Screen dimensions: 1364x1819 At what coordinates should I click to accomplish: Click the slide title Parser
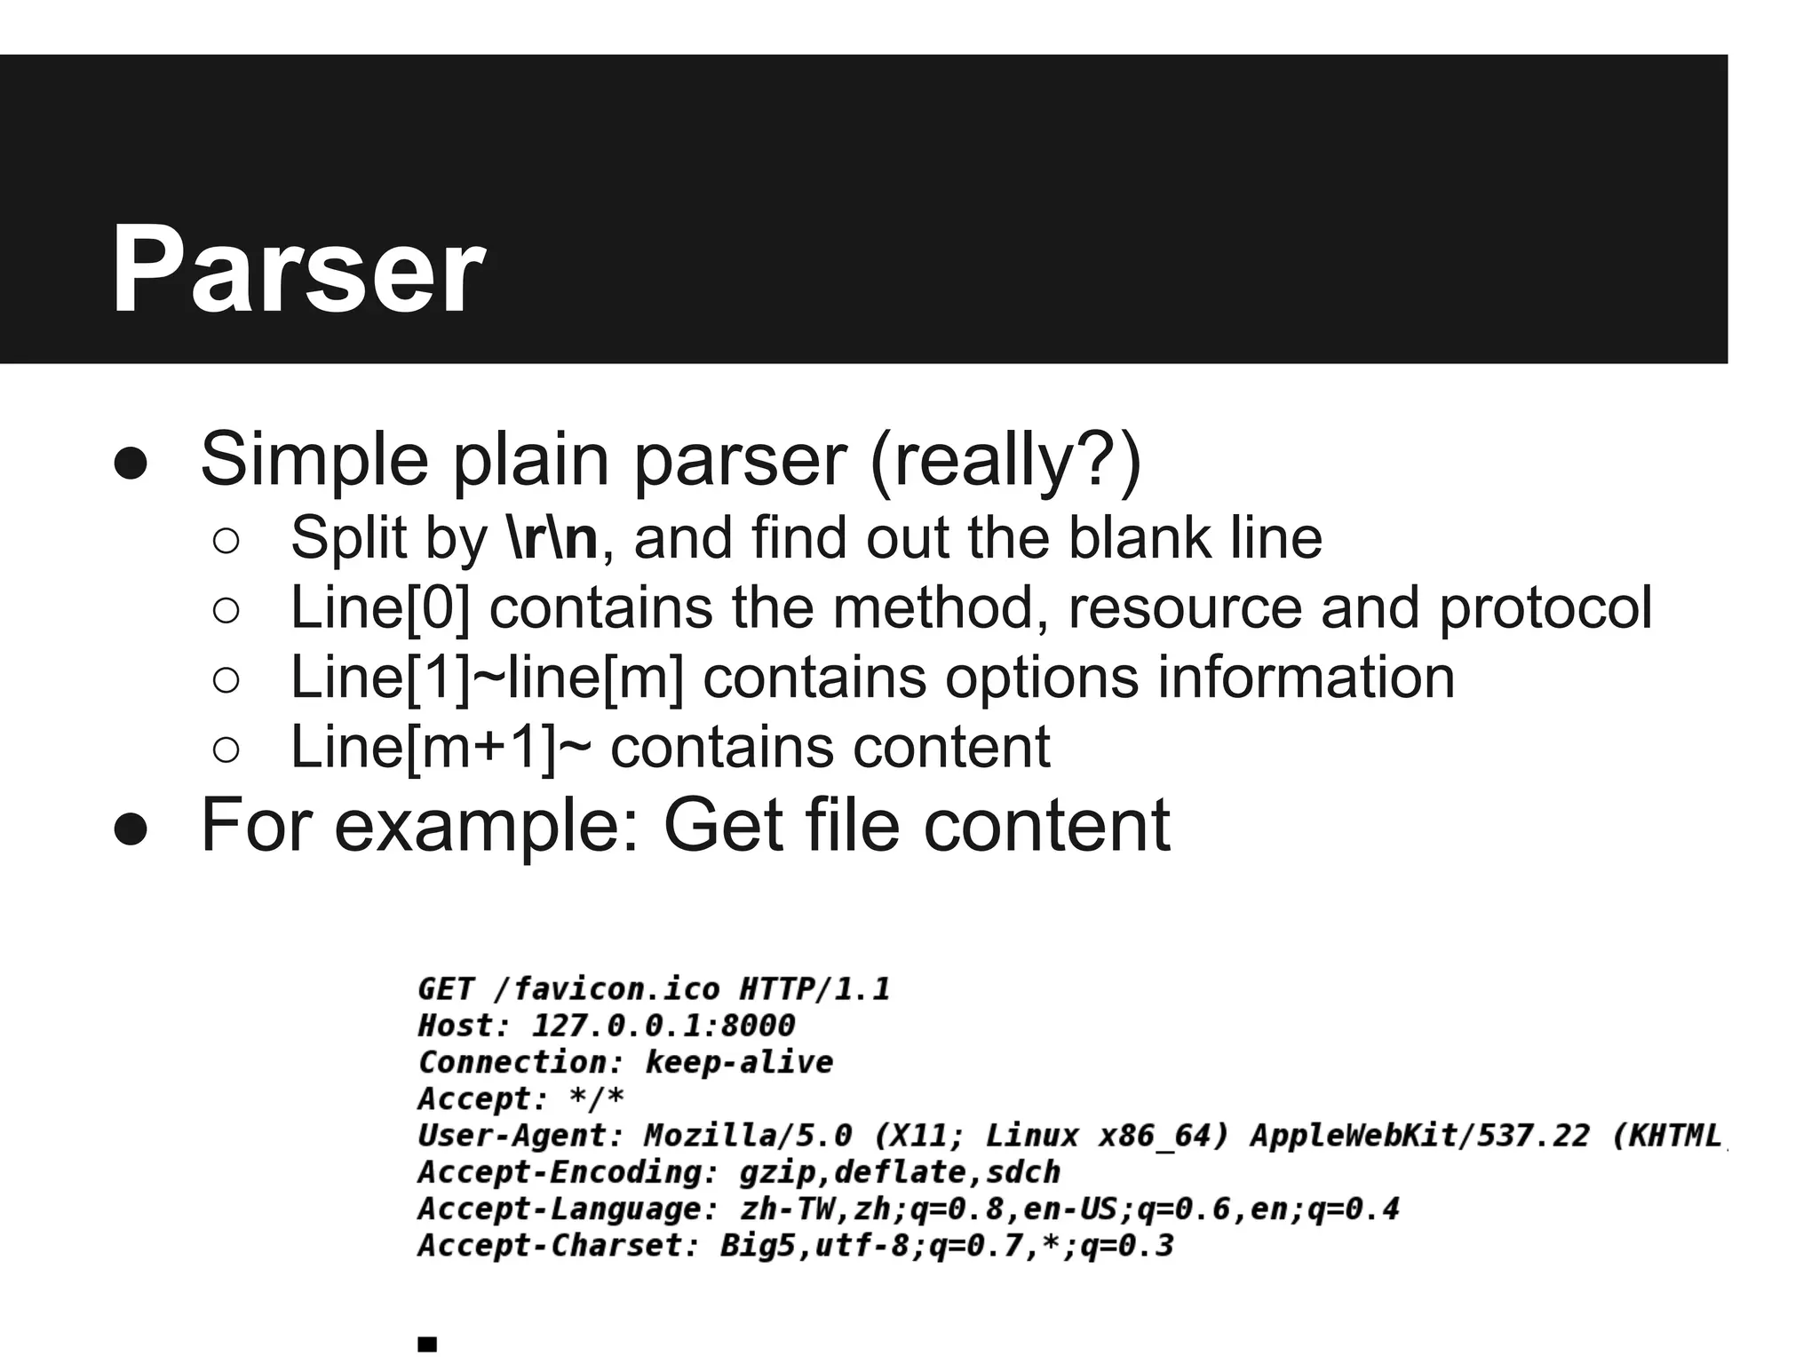(298, 268)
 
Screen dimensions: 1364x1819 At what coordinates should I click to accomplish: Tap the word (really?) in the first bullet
(1005, 460)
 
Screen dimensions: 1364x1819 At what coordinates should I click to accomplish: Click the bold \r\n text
(553, 538)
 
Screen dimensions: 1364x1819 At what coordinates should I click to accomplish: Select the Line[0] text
(380, 608)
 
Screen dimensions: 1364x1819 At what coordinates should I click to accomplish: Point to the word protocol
(1545, 608)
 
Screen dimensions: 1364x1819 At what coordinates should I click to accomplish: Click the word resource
(1184, 608)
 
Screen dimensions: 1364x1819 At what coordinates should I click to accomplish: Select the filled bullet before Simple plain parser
(131, 464)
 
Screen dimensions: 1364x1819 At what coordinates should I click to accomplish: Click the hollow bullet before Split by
(226, 541)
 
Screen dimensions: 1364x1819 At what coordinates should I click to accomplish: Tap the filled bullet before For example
(131, 829)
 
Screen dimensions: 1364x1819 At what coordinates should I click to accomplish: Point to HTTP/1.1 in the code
(814, 989)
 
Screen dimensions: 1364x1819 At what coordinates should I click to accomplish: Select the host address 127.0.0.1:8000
(663, 1027)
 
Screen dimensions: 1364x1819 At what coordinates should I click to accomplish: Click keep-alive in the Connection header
(739, 1063)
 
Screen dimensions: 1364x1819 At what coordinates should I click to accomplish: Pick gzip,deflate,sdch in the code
(900, 1173)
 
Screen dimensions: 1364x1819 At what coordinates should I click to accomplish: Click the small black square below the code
(427, 1344)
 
